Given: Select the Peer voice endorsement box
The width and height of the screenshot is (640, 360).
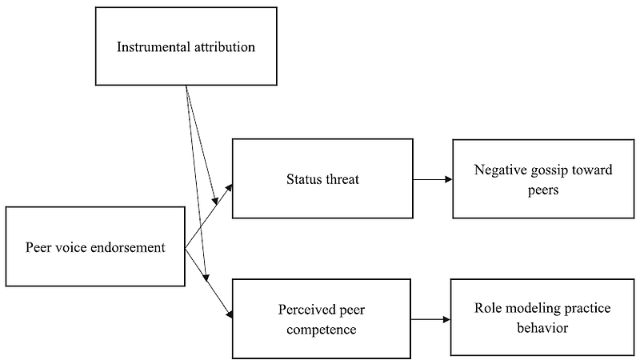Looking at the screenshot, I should pos(95,247).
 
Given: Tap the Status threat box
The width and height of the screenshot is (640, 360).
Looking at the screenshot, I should pos(322,178).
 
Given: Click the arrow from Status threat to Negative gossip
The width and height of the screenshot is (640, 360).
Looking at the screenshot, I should pos(432,179).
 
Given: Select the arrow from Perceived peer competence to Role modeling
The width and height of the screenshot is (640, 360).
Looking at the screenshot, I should pos(430,319).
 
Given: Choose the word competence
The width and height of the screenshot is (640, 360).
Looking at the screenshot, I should pos(322,328).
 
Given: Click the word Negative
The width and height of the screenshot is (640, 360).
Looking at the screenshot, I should pos(501,170).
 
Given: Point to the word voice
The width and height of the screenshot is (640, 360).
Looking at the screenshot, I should pos(72,247).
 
